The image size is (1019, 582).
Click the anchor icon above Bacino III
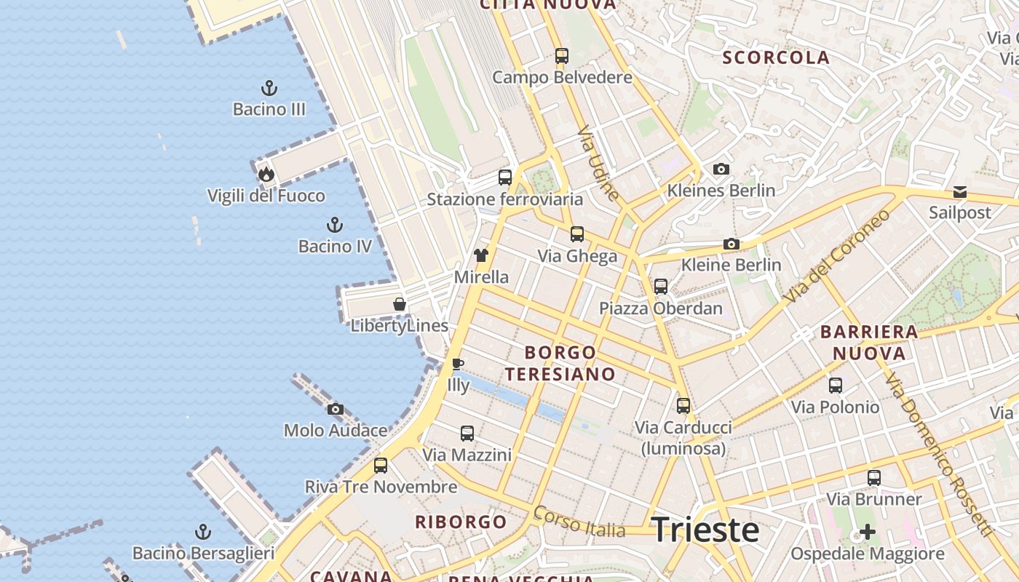(269, 89)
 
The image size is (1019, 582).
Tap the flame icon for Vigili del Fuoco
(266, 174)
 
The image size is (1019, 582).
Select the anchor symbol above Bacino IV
(335, 224)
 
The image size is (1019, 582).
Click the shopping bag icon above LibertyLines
(400, 303)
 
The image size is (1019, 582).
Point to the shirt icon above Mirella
(481, 255)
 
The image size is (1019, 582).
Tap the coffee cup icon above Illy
(457, 364)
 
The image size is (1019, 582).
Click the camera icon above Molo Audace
(335, 409)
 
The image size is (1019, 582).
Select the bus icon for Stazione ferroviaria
(505, 177)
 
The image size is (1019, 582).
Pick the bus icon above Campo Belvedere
(562, 55)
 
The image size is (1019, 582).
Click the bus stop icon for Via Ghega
(577, 234)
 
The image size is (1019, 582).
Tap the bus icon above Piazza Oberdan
(661, 286)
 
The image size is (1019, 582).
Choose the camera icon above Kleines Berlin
(721, 169)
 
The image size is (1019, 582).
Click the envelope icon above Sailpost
(960, 192)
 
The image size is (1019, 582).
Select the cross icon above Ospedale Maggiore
(868, 532)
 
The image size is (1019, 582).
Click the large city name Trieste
(705, 530)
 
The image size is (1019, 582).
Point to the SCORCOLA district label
(776, 57)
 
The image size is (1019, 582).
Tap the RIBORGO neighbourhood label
(461, 522)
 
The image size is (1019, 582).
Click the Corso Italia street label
(579, 522)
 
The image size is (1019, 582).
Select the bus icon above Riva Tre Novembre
(381, 465)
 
